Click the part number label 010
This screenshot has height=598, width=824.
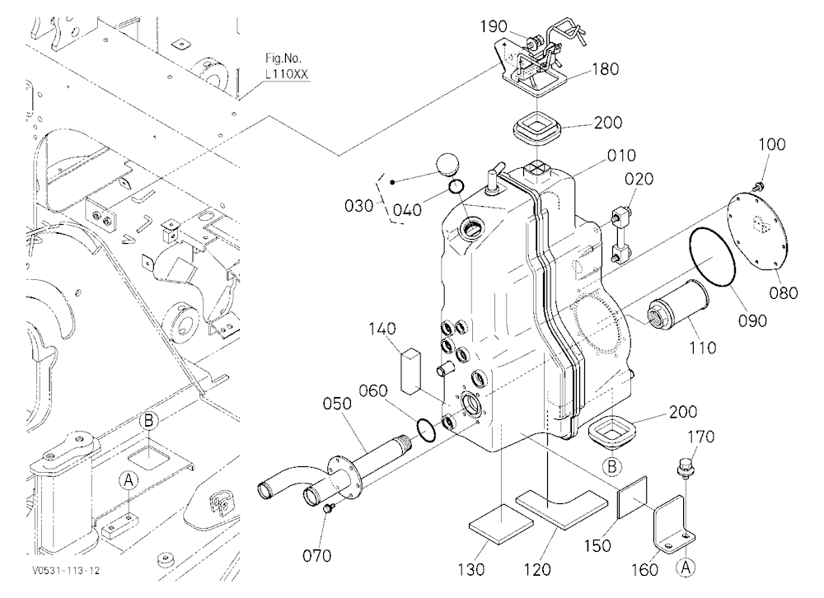tap(621, 156)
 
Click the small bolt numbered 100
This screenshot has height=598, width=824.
tap(757, 185)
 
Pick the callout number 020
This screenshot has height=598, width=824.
tap(639, 179)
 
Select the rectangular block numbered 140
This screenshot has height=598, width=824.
tap(409, 371)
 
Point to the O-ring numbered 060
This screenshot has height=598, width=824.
tap(426, 428)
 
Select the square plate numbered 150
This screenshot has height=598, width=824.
tap(632, 498)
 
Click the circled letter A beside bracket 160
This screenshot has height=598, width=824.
tap(686, 567)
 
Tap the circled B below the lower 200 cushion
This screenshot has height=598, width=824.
tap(611, 466)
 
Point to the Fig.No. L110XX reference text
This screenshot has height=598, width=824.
tap(287, 67)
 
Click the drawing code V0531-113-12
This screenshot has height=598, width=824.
tap(66, 571)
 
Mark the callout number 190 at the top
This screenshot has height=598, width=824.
tap(494, 26)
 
